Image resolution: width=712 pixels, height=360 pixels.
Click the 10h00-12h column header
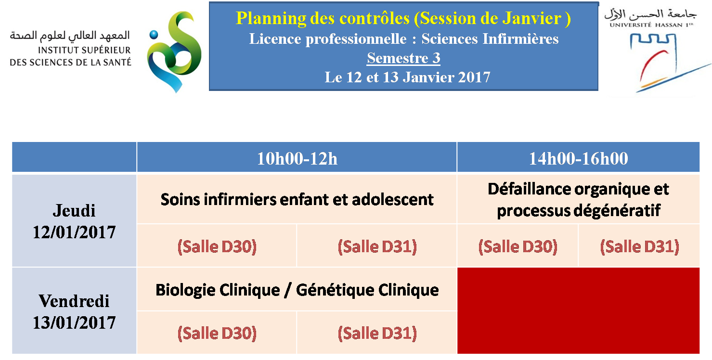point(297,158)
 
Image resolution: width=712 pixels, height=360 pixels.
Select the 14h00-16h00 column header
point(578,158)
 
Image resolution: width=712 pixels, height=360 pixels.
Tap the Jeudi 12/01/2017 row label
point(74,221)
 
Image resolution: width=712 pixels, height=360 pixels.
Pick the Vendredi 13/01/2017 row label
point(74,311)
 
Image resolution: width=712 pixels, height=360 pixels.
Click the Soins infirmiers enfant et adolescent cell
point(297,200)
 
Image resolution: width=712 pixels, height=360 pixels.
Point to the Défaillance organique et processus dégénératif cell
point(578,200)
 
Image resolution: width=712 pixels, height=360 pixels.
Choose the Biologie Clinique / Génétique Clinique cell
point(297,290)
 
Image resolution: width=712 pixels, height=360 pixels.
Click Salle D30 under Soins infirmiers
point(217,246)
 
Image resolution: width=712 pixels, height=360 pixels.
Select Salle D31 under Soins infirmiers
point(377,246)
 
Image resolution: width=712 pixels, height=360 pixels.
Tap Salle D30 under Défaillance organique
point(518,246)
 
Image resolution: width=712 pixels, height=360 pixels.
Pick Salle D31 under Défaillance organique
point(639,246)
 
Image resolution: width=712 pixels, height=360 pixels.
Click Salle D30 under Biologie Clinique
point(217,333)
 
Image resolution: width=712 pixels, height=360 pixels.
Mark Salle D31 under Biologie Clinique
point(377,333)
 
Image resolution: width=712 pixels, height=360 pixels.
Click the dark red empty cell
point(578,311)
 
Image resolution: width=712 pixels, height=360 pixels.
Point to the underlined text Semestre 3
point(403,58)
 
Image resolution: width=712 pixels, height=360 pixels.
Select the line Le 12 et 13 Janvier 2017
point(407,77)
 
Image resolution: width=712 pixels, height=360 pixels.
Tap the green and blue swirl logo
point(174,52)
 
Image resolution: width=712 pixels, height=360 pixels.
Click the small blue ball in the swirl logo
point(154,35)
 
